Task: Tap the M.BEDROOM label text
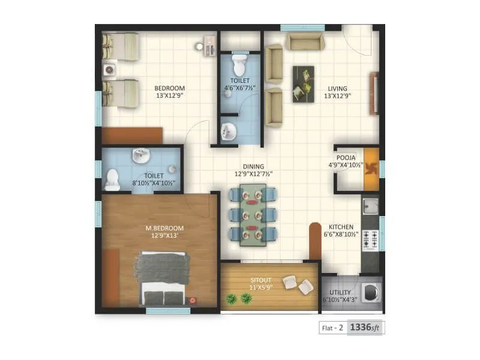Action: click(x=165, y=229)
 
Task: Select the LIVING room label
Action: click(x=337, y=88)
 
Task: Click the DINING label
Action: click(x=253, y=167)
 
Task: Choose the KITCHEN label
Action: click(x=341, y=227)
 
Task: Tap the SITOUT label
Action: click(x=262, y=280)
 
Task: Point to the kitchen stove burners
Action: click(x=371, y=239)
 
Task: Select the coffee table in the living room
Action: click(x=303, y=83)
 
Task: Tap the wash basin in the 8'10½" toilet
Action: click(x=140, y=157)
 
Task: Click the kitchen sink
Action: click(x=370, y=206)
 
